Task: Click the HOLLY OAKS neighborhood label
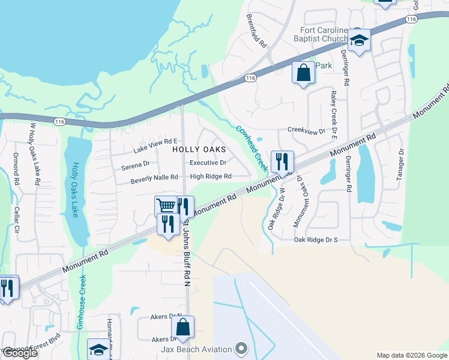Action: (199, 149)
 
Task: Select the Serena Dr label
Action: (135, 163)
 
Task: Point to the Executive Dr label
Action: (208, 163)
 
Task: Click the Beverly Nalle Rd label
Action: (154, 177)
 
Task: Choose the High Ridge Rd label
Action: (211, 176)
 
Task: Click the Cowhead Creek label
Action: (252, 148)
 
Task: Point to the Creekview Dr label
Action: (306, 130)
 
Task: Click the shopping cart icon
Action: (166, 206)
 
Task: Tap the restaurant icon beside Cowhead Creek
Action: (282, 161)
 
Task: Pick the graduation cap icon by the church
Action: (360, 40)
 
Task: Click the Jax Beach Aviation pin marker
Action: (241, 348)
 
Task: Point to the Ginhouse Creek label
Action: (80, 300)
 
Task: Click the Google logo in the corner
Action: (19, 353)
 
